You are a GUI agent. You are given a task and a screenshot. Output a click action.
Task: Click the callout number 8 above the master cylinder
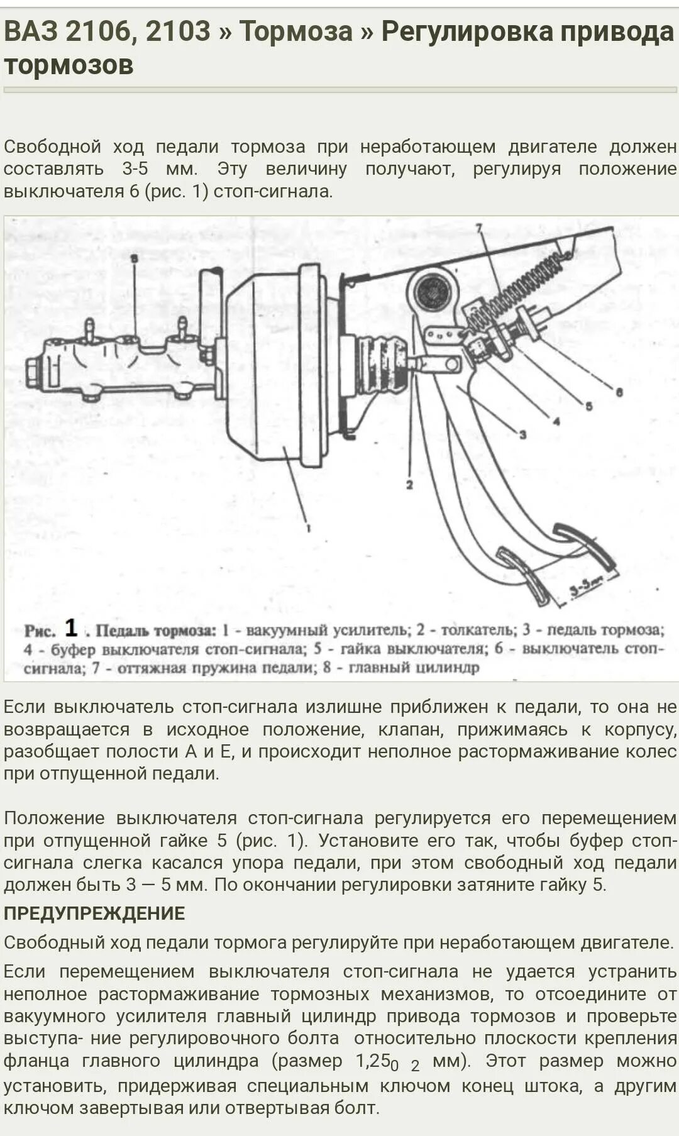134,258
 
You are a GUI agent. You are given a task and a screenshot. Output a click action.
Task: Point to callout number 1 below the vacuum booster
309,529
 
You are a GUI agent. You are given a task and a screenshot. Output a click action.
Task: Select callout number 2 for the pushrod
409,484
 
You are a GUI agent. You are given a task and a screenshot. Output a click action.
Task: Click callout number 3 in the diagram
522,434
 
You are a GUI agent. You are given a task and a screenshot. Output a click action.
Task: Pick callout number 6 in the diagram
619,392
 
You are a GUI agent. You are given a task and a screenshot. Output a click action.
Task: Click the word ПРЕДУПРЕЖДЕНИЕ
94,913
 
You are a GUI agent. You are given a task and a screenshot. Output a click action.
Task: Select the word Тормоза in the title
295,31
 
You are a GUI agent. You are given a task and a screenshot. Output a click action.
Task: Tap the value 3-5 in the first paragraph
135,169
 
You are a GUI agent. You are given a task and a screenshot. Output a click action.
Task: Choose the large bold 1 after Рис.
71,627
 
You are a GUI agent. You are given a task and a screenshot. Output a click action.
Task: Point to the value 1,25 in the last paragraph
373,1061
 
